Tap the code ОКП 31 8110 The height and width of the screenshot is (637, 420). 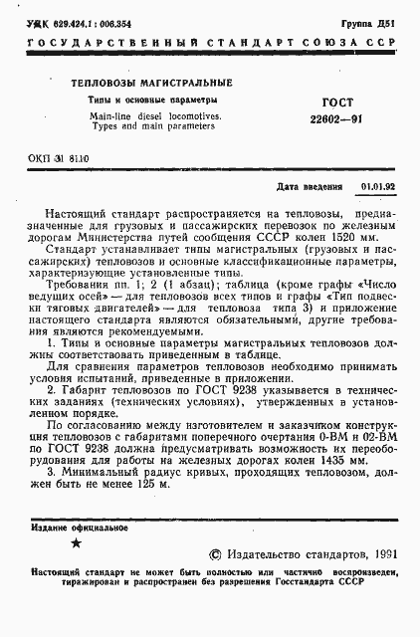tap(76, 159)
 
